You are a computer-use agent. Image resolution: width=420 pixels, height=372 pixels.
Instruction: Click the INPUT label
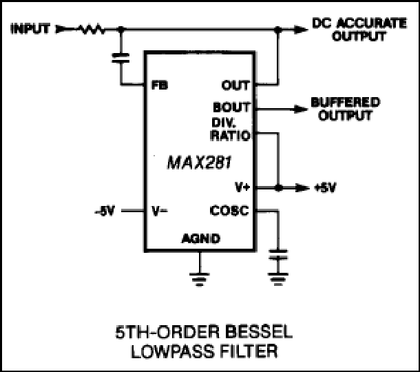30,30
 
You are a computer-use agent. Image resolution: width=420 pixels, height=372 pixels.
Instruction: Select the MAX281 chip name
199,165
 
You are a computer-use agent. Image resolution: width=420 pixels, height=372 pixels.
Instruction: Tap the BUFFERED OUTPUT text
344,109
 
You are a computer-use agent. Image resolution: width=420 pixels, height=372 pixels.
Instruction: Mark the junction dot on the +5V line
277,187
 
